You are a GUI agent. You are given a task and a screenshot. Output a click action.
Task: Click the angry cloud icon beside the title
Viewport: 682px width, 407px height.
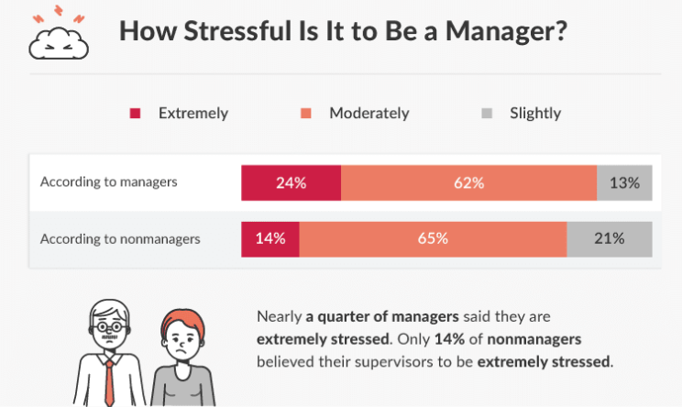[x=59, y=43]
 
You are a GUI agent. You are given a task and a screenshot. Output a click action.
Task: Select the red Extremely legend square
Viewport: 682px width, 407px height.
[x=135, y=114]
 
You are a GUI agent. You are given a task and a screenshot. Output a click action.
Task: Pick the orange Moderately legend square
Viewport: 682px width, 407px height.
[x=306, y=114]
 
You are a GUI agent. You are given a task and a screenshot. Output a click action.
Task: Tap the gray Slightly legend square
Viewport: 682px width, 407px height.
[x=487, y=114]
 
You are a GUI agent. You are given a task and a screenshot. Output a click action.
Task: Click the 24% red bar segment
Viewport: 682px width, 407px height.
[x=291, y=182]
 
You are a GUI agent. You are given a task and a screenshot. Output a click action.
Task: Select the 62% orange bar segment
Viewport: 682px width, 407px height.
[x=469, y=182]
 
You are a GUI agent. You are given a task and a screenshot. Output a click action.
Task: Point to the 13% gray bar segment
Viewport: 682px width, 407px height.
[x=624, y=182]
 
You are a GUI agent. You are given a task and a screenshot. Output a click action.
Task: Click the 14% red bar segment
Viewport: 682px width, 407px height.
[x=270, y=239]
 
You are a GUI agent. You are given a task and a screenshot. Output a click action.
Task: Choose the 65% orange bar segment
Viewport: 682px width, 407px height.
[x=434, y=239]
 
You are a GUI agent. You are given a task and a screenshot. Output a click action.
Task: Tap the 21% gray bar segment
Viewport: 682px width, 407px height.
[x=610, y=239]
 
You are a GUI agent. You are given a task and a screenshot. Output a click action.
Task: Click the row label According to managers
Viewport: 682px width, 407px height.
[x=109, y=181]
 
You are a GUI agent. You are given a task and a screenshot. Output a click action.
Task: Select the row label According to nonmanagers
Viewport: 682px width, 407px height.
[x=120, y=238]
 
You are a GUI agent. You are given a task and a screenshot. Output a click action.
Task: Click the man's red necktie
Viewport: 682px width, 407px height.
[x=109, y=382]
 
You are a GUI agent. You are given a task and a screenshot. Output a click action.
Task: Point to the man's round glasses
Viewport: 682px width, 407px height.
[x=109, y=326]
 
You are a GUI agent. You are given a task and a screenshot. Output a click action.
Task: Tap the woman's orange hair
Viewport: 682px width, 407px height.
[x=182, y=321]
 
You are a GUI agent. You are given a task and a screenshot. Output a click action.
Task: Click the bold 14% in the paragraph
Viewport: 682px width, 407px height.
[x=449, y=339]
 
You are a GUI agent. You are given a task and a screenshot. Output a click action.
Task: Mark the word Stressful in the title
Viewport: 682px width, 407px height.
[x=237, y=31]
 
